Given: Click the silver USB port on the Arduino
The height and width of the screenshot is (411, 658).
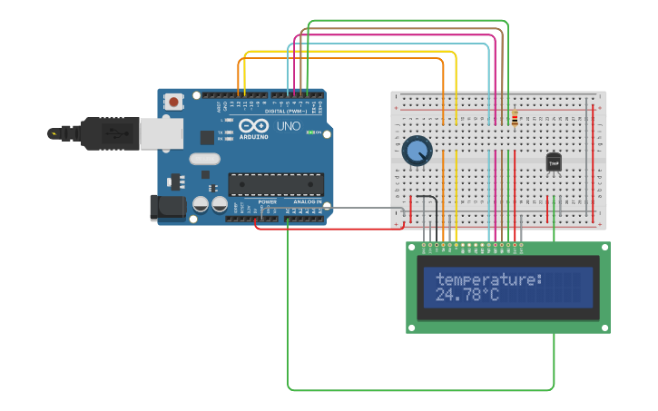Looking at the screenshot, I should [161, 132].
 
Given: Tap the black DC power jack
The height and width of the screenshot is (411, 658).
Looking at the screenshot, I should [167, 207].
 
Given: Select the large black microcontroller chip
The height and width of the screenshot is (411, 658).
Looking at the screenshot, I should [275, 184].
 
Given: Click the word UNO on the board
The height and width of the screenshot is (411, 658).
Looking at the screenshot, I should [288, 125].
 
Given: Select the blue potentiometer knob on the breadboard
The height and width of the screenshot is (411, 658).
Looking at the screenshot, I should [417, 151].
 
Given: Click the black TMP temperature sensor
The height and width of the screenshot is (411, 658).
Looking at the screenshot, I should [554, 161].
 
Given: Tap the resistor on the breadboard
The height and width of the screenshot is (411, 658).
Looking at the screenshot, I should [515, 119].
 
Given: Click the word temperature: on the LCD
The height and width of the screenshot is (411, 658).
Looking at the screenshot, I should [488, 279].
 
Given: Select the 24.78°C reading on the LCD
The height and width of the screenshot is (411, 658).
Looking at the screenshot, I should [466, 295].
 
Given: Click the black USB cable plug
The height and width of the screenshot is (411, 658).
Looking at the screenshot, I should [100, 132].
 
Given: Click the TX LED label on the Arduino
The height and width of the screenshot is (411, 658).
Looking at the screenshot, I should [221, 132].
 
